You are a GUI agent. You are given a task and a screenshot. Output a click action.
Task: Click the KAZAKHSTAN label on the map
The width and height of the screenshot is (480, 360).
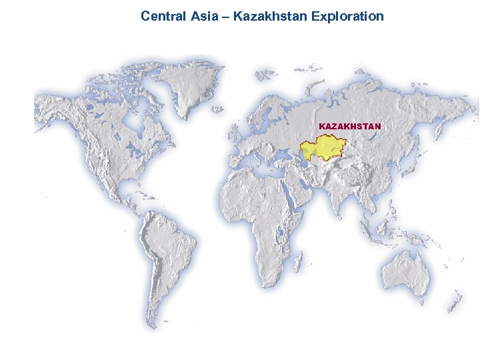point(350,126)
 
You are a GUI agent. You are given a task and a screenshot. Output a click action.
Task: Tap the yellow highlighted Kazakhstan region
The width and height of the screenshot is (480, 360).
point(328,147)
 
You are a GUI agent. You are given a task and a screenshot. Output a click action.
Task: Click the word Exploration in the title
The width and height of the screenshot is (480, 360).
point(347,15)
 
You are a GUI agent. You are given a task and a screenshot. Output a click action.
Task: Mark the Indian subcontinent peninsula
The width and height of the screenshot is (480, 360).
point(338,197)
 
